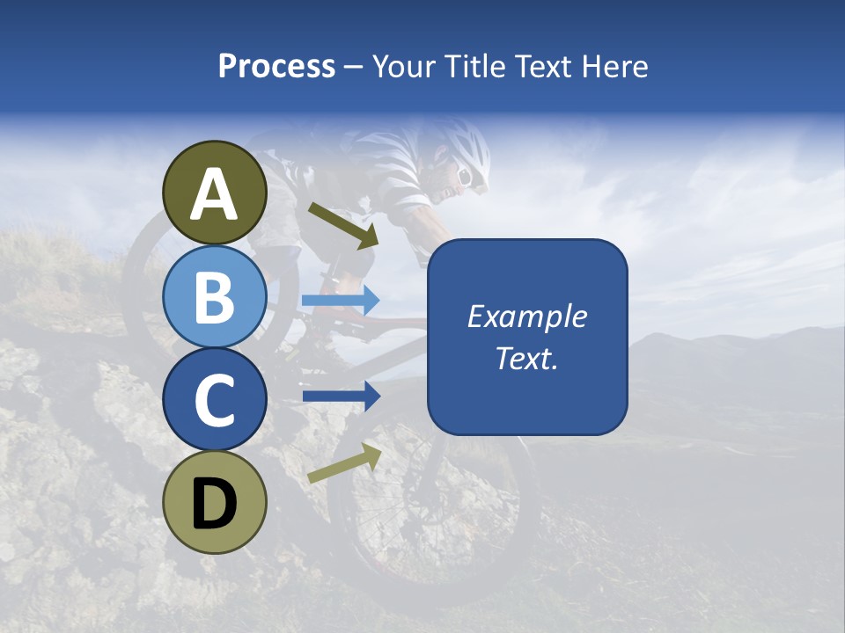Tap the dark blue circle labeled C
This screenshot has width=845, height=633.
215,399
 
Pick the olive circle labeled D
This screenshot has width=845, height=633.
215,502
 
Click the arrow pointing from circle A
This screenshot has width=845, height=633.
342,225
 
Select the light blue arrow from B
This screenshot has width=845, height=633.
341,301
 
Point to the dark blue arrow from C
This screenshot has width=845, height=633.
341,397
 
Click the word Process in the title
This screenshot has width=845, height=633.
276,66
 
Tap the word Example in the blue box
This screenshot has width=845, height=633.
526,316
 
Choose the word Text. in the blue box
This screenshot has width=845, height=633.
526,358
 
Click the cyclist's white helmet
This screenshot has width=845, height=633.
462,145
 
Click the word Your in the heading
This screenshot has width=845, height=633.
405,66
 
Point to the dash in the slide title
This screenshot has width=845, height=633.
353,68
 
